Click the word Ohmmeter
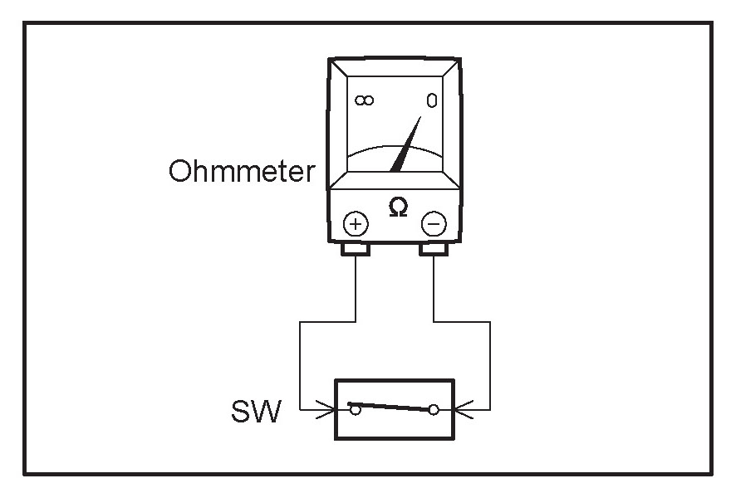click(242, 172)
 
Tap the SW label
click(257, 410)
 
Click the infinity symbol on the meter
click(364, 100)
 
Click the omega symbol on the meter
click(398, 207)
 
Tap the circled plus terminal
click(355, 224)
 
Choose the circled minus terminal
click(434, 224)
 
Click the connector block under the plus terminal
click(355, 249)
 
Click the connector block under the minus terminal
click(434, 249)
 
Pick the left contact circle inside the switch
click(355, 410)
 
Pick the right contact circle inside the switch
click(434, 409)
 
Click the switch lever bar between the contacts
click(394, 407)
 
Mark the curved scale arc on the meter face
click(394, 149)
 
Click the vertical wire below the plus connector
click(355, 286)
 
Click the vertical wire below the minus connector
click(434, 286)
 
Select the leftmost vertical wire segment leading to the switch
click(300, 365)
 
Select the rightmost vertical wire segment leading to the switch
click(490, 365)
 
